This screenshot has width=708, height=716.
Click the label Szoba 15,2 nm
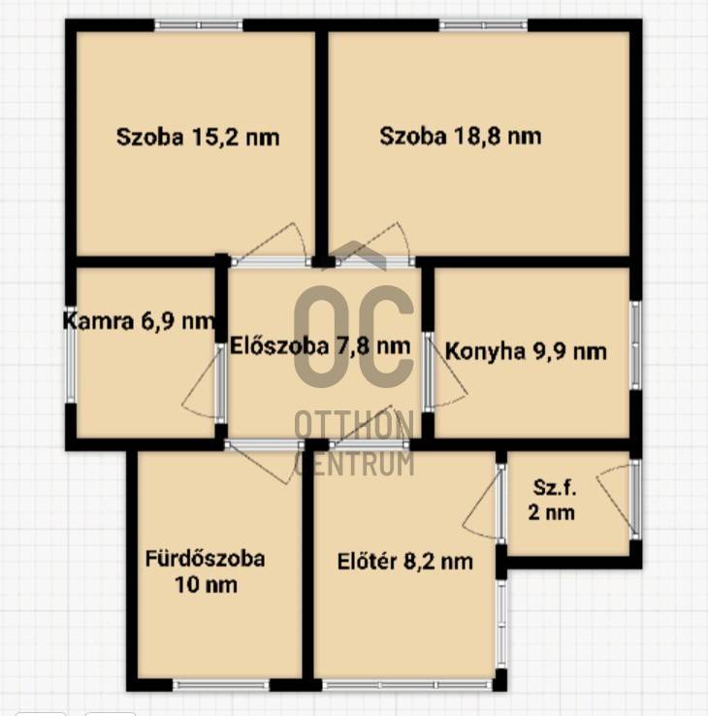point(198,138)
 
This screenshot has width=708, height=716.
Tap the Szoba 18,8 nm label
point(461,136)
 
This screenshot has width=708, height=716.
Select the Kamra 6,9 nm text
point(139,321)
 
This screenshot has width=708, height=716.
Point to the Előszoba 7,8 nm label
point(320,346)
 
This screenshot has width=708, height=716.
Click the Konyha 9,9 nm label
point(526,351)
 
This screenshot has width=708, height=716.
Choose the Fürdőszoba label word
point(205,559)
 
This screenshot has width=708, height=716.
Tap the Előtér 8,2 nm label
point(404,562)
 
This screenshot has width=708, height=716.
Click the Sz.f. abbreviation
point(555,488)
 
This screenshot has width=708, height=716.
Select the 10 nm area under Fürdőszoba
point(206,585)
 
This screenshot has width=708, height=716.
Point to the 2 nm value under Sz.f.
point(552,512)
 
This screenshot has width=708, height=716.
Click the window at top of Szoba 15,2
point(199,25)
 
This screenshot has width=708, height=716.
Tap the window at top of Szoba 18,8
point(484,25)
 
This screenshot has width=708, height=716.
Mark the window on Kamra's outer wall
point(71,354)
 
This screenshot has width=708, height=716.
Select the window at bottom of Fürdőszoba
point(221,685)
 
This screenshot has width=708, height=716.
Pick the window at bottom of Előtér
point(407,685)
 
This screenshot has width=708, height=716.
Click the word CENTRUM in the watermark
point(355,464)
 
